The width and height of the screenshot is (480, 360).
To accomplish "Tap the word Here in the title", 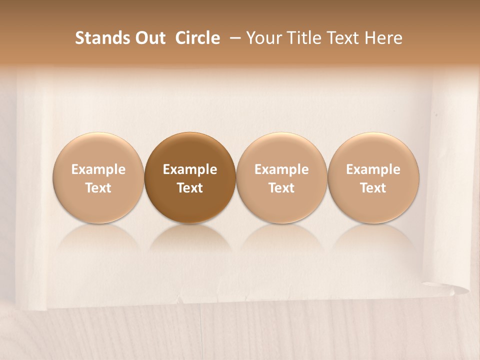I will [383, 38].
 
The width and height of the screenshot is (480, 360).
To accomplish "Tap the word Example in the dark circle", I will [190, 169].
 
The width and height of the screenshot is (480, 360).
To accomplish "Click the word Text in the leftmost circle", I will [98, 188].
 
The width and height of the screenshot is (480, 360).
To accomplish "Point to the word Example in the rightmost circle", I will [373, 169].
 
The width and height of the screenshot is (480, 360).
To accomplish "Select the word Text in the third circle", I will [281, 188].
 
